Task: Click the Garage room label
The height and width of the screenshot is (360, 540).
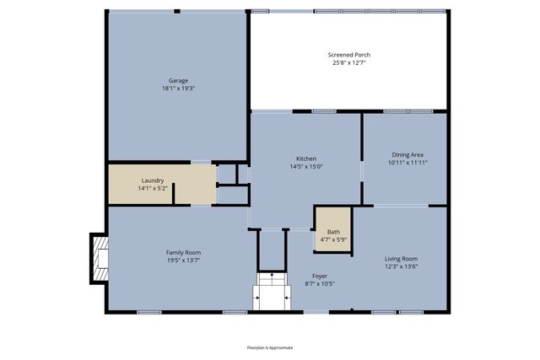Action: pos(177,81)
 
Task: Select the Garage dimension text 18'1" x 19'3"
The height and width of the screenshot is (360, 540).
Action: pos(177,89)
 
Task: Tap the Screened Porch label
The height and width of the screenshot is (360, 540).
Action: pos(348,55)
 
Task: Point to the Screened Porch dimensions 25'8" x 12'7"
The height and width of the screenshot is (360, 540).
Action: pos(348,62)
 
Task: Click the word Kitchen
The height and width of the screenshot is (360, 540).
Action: pos(305,159)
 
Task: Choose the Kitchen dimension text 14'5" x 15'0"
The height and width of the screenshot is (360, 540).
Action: pos(305,166)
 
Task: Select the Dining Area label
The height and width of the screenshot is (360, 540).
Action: pos(407,154)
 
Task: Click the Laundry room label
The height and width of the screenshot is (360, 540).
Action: pos(153,180)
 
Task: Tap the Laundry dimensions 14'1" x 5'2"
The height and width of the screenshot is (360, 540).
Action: pos(153,188)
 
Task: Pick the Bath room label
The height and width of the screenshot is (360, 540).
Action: pos(333,232)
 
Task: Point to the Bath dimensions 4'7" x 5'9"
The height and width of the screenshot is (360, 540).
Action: pos(333,239)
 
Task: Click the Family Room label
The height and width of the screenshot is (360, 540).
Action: pos(182,252)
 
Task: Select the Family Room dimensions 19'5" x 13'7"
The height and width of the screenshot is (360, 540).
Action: pos(182,260)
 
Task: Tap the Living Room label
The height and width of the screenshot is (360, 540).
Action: pos(402,258)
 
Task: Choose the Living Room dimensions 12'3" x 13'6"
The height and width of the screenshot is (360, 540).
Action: pos(402,266)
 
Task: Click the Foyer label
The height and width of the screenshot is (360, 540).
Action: pos(320,276)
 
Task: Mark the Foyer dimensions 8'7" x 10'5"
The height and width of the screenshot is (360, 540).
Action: pos(320,283)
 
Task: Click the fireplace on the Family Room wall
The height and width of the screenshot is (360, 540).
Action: pos(100,259)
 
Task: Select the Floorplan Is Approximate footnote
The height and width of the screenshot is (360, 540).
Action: pos(269,347)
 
